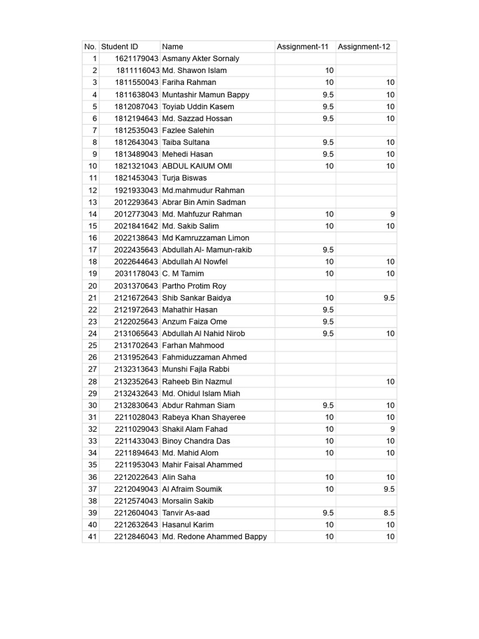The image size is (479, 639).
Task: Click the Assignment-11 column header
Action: [x=304, y=47]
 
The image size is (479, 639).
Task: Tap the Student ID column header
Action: [x=120, y=47]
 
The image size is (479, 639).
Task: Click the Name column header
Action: [x=173, y=47]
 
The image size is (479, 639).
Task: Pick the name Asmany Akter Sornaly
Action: [x=200, y=59]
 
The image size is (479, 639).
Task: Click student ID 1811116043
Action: [x=137, y=71]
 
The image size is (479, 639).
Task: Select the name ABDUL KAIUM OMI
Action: [x=196, y=166]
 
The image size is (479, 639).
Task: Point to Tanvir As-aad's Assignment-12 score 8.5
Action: [x=389, y=513]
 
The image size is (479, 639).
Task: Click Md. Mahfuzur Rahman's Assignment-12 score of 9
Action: [x=392, y=214]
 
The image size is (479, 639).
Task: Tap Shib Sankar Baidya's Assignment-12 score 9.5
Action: [x=389, y=298]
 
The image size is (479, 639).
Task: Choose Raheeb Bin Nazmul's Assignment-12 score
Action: [x=390, y=381]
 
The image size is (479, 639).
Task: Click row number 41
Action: [x=92, y=537]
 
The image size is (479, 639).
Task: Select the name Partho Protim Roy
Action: [x=194, y=286]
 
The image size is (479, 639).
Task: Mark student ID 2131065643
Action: [x=136, y=333]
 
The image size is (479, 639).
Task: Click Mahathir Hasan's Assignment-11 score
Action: [x=328, y=310]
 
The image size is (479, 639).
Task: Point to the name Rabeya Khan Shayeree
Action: [x=203, y=417]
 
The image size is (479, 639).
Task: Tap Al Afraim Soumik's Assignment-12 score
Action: [x=389, y=489]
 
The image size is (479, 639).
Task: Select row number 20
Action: [x=92, y=286]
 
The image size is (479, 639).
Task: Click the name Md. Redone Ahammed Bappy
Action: [x=214, y=537]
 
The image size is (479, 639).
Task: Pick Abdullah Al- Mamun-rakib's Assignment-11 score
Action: [x=328, y=250]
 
